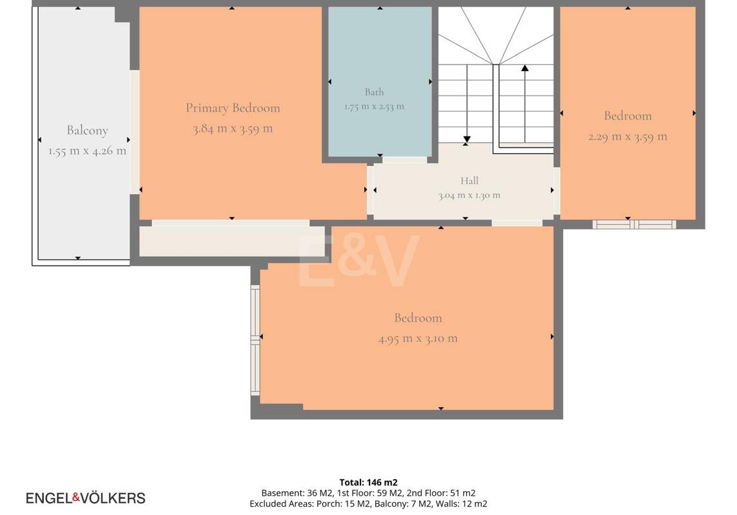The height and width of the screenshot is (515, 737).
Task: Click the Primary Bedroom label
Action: tap(233, 108)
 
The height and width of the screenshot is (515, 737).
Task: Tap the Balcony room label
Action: tap(87, 131)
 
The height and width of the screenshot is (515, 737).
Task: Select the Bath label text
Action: tap(374, 92)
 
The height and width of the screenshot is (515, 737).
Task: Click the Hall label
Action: tap(469, 180)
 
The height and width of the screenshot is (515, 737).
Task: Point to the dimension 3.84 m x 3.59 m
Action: tap(233, 129)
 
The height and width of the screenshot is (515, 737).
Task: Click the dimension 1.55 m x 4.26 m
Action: tap(87, 151)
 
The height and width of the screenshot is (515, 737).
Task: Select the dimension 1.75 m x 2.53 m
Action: tap(374, 106)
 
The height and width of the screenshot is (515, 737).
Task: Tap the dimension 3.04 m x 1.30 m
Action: tap(469, 195)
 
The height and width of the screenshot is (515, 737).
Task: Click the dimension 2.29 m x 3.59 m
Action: tap(627, 137)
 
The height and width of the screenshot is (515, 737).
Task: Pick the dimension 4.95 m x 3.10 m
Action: tap(418, 339)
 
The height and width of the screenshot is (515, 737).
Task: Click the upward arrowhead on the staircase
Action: tap(525, 68)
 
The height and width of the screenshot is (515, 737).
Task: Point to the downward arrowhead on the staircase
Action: tap(467, 140)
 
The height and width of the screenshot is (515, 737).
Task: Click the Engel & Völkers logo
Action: tap(85, 498)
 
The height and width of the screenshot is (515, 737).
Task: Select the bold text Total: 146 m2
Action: tap(368, 482)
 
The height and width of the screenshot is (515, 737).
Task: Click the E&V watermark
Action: tap(358, 260)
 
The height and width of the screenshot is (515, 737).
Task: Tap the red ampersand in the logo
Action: tap(76, 497)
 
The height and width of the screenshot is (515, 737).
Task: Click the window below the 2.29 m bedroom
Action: tap(634, 224)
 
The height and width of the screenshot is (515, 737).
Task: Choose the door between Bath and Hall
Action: tap(405, 160)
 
